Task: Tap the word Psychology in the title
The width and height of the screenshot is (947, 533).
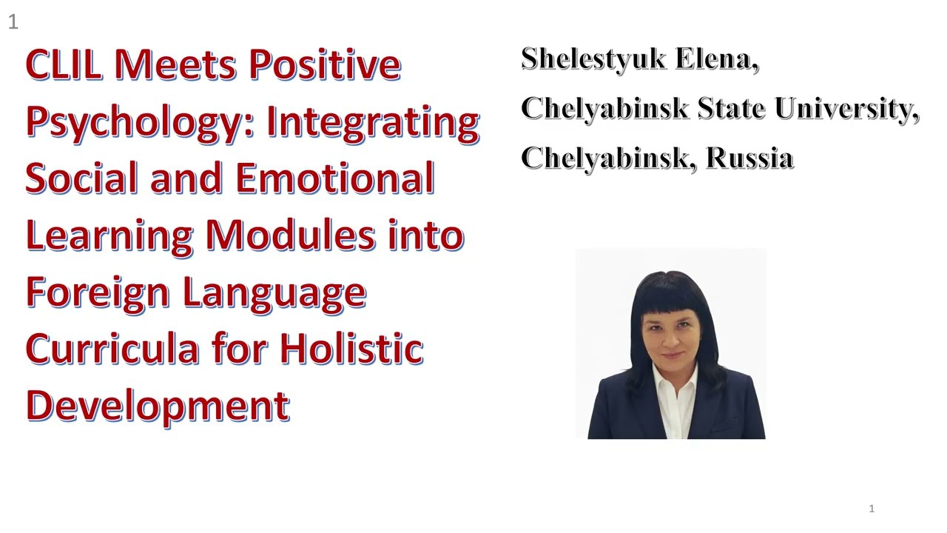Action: point(133,122)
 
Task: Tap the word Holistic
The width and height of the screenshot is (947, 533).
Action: point(351,349)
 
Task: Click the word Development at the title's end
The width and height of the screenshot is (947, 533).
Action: point(157,406)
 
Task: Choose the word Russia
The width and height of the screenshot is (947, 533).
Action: point(749,158)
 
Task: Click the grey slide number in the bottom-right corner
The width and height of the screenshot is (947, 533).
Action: point(872,509)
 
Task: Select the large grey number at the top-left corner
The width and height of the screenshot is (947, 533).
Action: point(13,22)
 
